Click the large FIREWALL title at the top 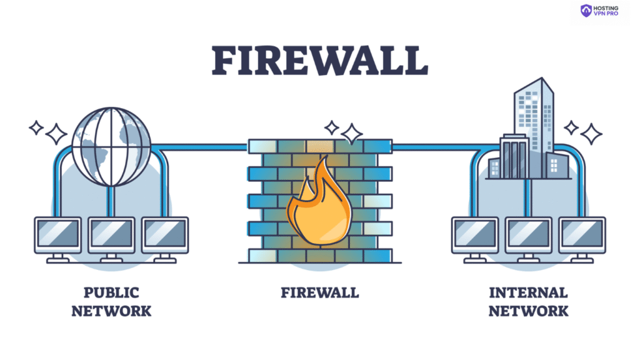tap(319, 61)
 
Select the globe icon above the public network tap(111, 147)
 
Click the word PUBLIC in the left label tap(111, 292)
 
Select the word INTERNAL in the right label tap(528, 292)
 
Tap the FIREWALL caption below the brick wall tap(319, 292)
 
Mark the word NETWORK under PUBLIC tap(111, 311)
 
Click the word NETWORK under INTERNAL tap(528, 311)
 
